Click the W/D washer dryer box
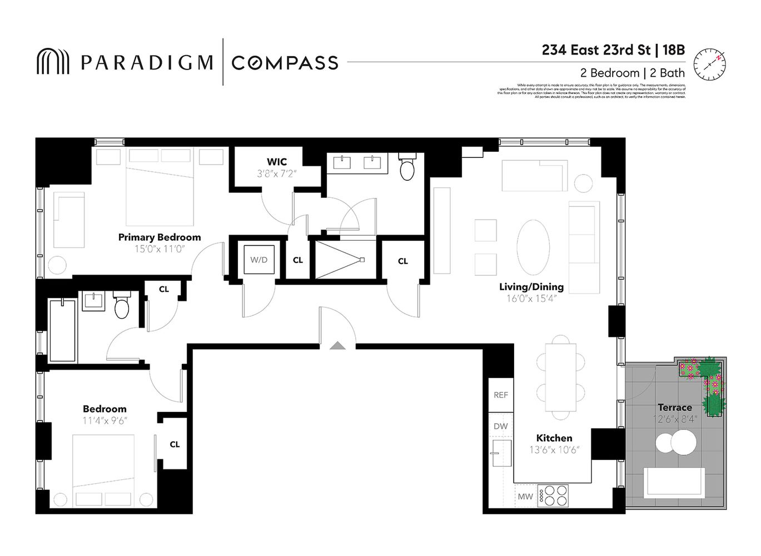tap(258, 260)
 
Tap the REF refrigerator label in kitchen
tap(501, 395)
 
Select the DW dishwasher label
tap(501, 426)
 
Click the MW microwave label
tap(525, 497)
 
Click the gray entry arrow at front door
tap(337, 346)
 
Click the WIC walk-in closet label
tap(277, 162)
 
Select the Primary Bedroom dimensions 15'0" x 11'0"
tap(160, 249)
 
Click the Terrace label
tap(675, 408)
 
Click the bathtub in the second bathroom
tap(62, 330)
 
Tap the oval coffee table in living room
tap(533, 247)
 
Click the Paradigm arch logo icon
tap(53, 62)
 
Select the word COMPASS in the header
tap(285, 63)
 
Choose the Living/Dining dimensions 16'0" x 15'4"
tap(531, 299)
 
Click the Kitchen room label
tap(554, 438)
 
